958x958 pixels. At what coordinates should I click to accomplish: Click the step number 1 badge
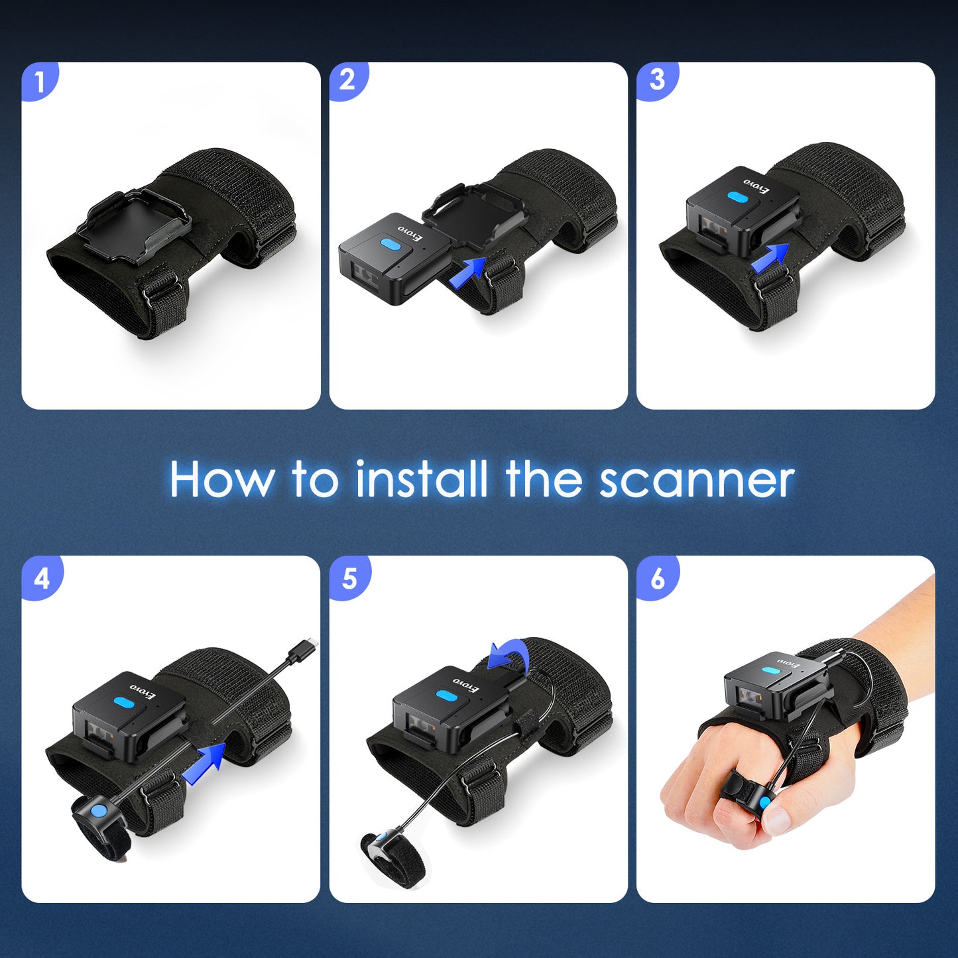40,82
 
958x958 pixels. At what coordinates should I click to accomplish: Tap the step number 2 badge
347,81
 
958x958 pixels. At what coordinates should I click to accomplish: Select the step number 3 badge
656,81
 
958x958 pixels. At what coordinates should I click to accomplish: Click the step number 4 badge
41,578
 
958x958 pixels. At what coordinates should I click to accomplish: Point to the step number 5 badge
349,578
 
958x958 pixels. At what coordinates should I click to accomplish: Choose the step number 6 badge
657,578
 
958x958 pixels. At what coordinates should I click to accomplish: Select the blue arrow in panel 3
770,258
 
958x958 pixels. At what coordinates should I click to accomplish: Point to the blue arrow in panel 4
204,764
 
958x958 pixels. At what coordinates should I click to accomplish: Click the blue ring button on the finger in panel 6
766,804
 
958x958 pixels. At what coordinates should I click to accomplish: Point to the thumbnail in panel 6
776,821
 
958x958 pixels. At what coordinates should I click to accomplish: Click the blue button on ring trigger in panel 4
98,810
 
